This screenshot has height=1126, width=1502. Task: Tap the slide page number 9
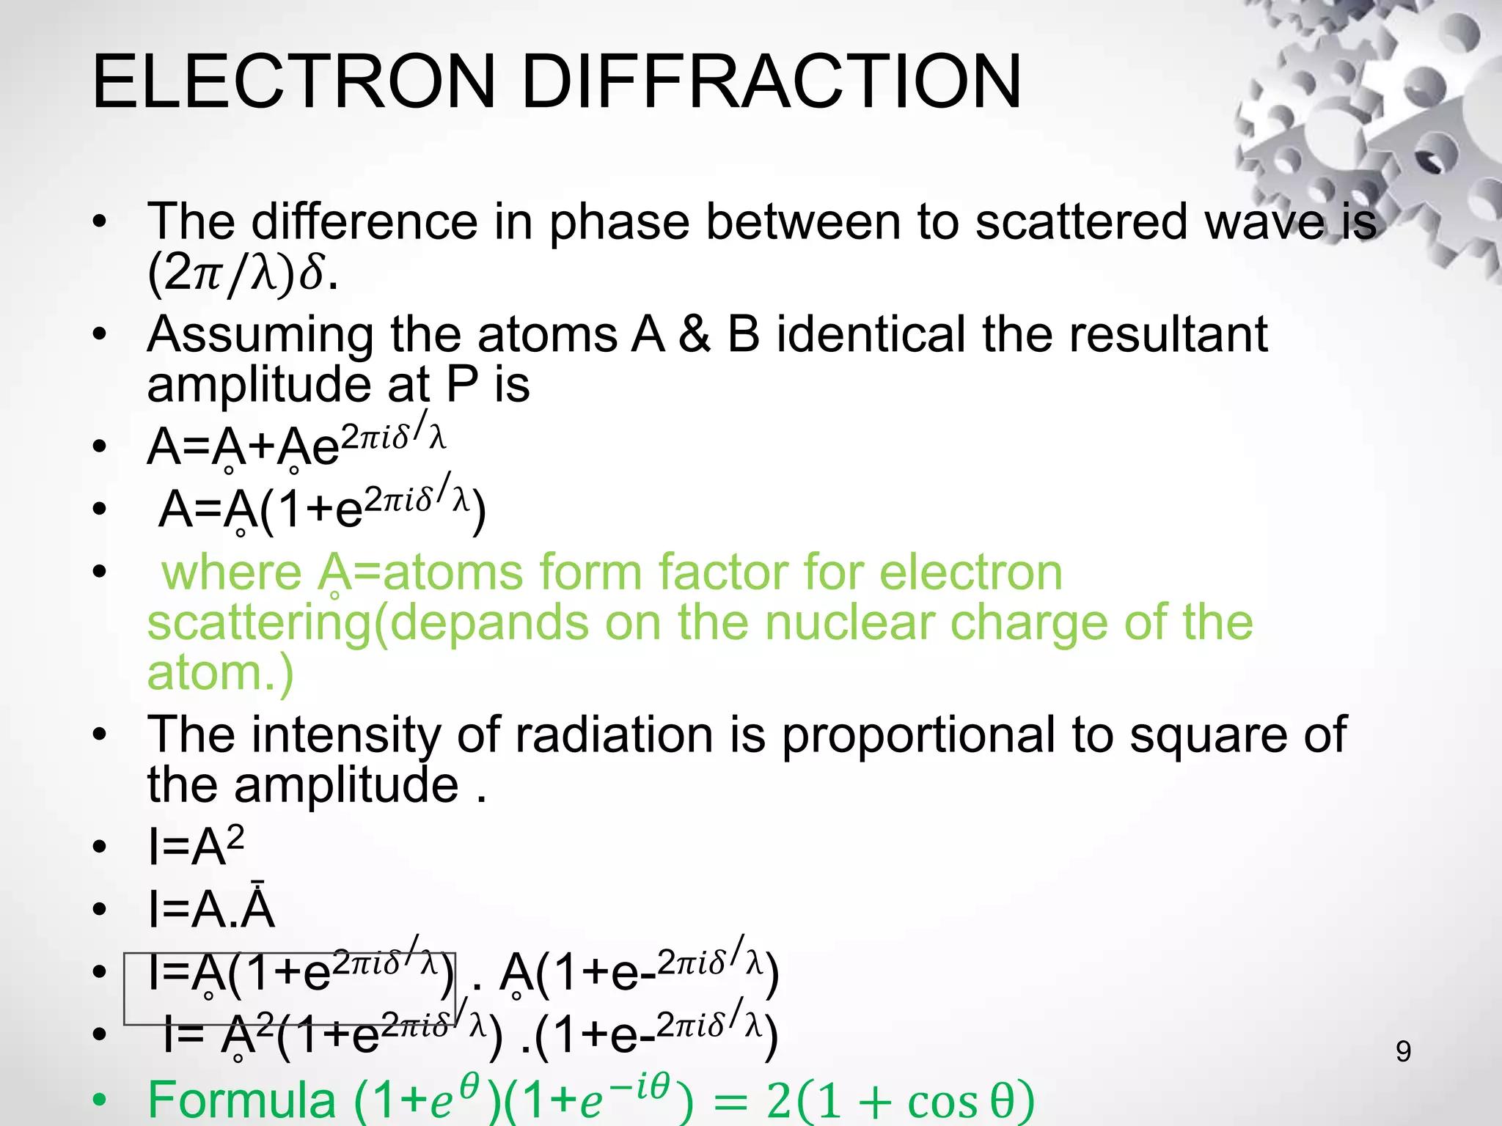1403,1051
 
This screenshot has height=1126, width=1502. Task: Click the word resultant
1168,335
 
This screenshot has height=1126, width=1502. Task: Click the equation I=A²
196,847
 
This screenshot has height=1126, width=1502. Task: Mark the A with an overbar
258,909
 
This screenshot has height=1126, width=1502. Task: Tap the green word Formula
242,1100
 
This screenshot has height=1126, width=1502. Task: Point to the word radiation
614,735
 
